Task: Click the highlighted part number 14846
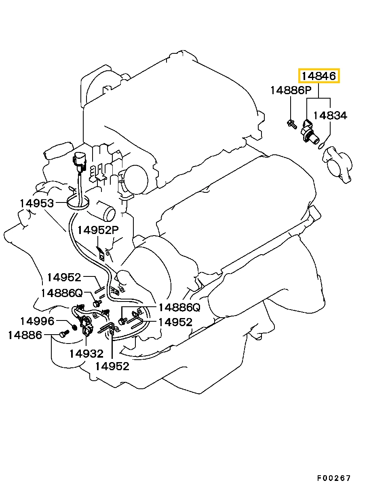pos(319,76)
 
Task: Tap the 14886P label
pos(291,90)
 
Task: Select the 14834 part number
pos(330,116)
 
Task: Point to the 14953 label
pos(37,203)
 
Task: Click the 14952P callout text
pos(98,230)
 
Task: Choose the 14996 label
pos(37,321)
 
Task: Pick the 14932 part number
pos(86,354)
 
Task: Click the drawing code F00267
pos(333,478)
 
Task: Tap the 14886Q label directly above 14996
pos(61,293)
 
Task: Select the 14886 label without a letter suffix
pos(25,335)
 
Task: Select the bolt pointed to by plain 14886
pos(63,334)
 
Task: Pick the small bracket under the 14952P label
pos(101,254)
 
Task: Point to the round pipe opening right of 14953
pos(110,213)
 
